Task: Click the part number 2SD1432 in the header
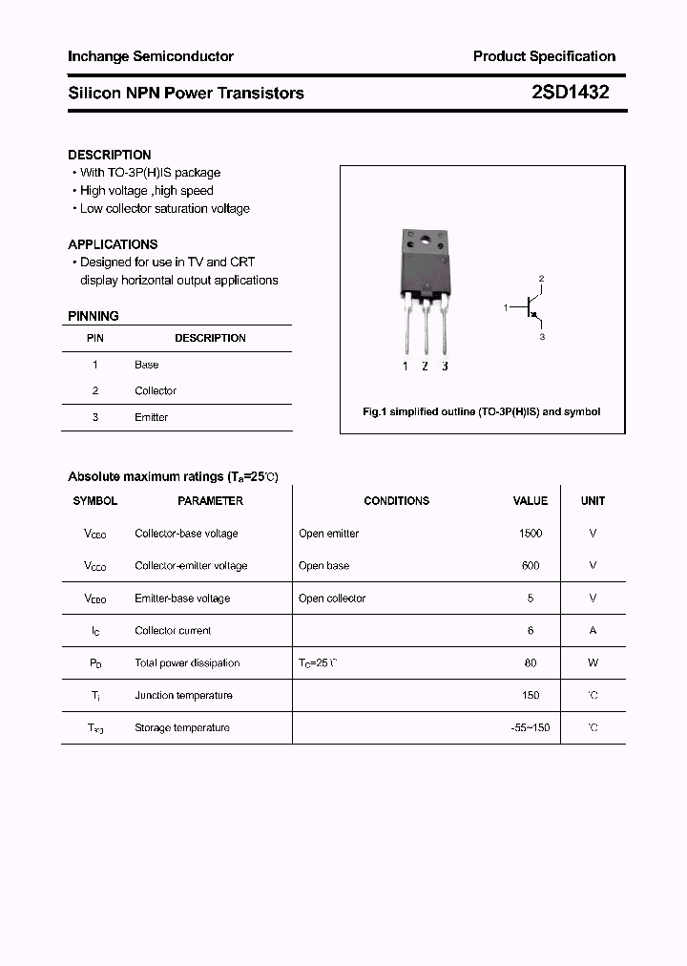click(570, 93)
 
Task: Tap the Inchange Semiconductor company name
click(151, 56)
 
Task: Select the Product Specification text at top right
click(544, 56)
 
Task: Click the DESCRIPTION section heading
click(110, 155)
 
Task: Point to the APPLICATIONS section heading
click(113, 244)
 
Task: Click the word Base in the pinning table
click(147, 365)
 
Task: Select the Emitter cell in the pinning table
click(151, 417)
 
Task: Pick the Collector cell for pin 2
click(156, 390)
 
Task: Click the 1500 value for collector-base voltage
click(531, 534)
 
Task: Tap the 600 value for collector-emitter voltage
click(531, 566)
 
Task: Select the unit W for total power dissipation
click(593, 663)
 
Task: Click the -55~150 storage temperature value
click(531, 728)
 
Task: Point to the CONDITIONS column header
click(397, 501)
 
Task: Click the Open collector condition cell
click(332, 598)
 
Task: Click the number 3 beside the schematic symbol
click(542, 337)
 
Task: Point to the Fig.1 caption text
click(482, 412)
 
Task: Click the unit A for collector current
click(593, 631)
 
